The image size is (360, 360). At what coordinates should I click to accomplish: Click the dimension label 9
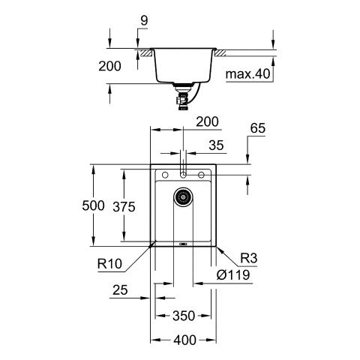(144, 21)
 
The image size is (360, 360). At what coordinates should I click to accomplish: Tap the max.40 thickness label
(247, 74)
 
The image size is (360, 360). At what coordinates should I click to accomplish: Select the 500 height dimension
(93, 205)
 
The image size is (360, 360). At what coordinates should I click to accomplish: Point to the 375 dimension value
(124, 207)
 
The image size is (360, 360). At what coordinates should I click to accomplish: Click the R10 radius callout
(109, 263)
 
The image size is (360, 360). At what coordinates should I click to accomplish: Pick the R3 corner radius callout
(248, 258)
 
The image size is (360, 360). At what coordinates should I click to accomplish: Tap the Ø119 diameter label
(233, 275)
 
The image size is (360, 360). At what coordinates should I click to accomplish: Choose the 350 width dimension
(184, 316)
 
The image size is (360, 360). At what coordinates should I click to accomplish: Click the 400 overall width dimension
(185, 340)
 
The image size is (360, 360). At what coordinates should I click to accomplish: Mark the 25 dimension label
(120, 289)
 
